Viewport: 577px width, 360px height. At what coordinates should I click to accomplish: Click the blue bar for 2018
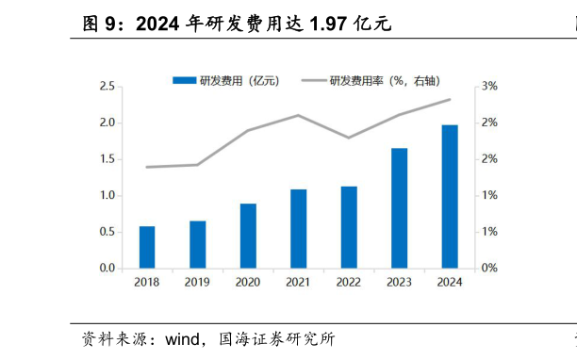[147, 247]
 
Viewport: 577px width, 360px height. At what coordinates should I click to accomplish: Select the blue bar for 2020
[248, 236]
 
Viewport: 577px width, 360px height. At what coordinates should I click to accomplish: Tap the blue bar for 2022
[349, 227]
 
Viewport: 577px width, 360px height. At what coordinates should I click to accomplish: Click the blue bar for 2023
[400, 208]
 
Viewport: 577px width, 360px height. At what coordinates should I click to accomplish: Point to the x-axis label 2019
[197, 282]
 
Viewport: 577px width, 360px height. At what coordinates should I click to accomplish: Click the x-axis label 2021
[298, 282]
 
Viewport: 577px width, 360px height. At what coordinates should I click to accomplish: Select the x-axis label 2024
[450, 282]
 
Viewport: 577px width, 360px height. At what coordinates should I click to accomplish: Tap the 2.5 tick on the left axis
[107, 87]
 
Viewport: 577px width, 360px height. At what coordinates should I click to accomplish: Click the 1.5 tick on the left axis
[107, 159]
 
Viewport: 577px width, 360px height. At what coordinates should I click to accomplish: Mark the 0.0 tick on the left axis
[107, 269]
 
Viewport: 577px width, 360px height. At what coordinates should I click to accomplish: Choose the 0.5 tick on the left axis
[107, 232]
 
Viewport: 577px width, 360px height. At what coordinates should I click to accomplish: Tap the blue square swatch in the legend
[183, 81]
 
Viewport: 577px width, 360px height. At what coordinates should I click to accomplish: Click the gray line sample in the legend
[313, 81]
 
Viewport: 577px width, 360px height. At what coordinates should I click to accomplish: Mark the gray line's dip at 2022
[349, 138]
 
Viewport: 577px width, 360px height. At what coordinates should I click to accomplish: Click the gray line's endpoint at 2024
[450, 99]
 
